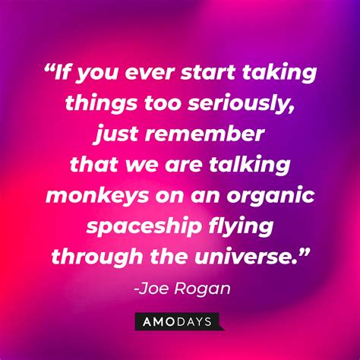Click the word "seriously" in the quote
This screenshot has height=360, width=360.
241,104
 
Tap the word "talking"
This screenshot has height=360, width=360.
250,166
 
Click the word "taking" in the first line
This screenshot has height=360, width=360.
279,74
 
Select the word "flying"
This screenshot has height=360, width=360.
241,227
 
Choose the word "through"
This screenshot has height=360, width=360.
97,257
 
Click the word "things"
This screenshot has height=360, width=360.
101,104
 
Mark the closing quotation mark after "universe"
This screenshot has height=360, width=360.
305,251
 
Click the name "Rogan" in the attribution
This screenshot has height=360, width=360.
203,289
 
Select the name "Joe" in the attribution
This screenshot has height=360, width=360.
153,289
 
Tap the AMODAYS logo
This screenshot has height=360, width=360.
179,321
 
